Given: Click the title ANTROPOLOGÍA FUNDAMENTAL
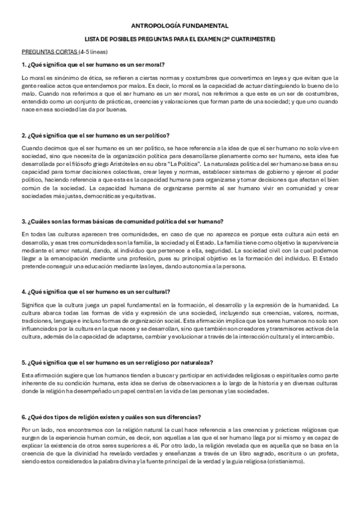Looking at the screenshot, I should (180, 26).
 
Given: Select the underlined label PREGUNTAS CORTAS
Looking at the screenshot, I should (44, 52).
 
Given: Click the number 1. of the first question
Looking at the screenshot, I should (23, 65).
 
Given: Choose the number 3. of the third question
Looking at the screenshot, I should (23, 221).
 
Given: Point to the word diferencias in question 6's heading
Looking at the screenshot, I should (183, 417).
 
